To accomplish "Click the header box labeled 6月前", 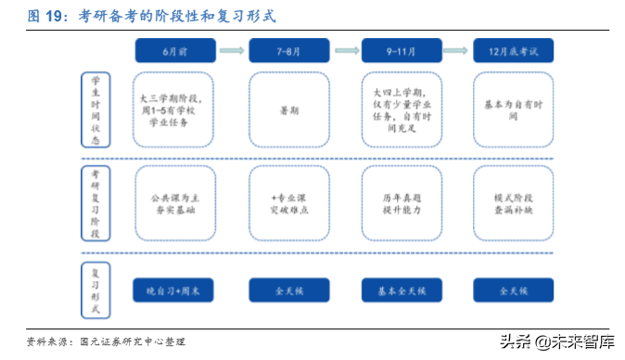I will pos(174,49).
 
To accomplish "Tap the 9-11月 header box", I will pos(401,49).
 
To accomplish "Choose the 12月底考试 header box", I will pos(513,49).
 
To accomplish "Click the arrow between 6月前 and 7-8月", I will pos(233,49).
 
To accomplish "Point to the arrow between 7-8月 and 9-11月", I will pos(346,49).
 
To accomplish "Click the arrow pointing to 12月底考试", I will pos(457,49).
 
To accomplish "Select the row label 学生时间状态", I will pos(96,109).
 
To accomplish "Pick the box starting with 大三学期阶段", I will pos(174,109).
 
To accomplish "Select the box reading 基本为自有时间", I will pos(513,109).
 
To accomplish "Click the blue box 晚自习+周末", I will pos(174,289).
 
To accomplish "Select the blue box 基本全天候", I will pos(401,289).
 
